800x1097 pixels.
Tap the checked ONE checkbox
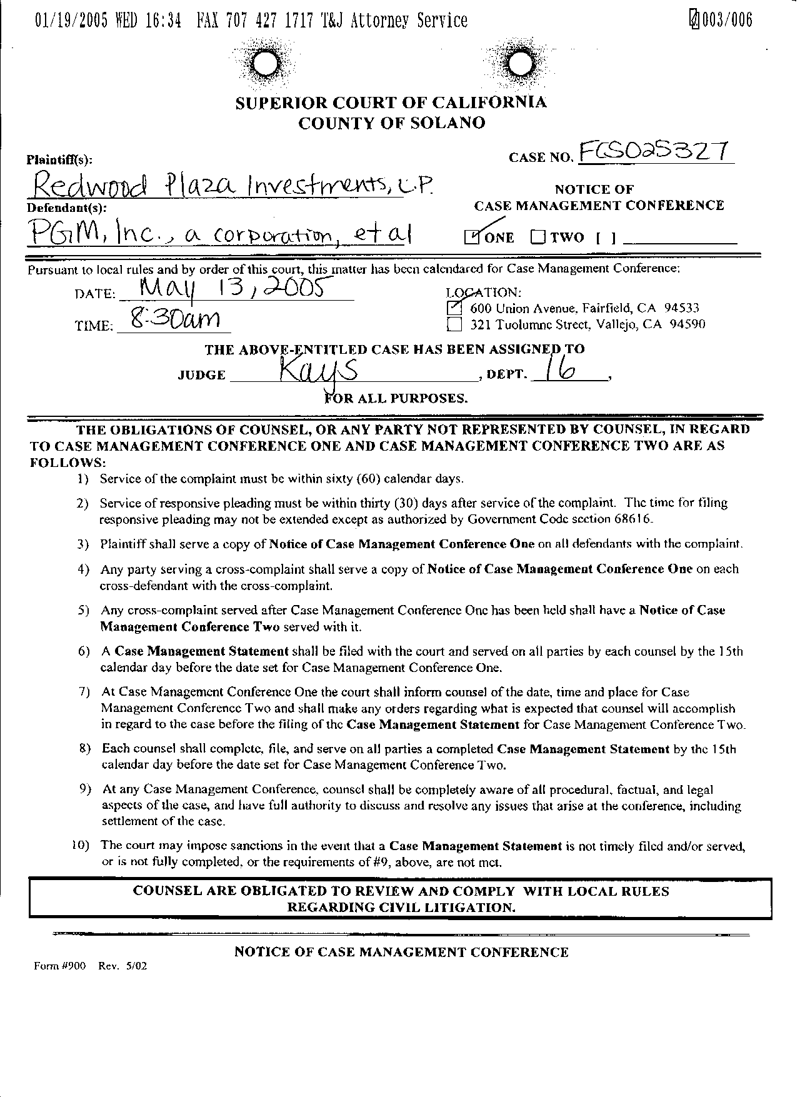point(472,237)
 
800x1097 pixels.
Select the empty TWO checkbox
point(538,237)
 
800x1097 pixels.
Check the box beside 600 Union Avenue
point(455,308)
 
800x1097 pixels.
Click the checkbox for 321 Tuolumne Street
point(455,324)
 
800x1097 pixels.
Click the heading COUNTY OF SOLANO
point(391,123)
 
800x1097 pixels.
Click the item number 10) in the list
point(81,845)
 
